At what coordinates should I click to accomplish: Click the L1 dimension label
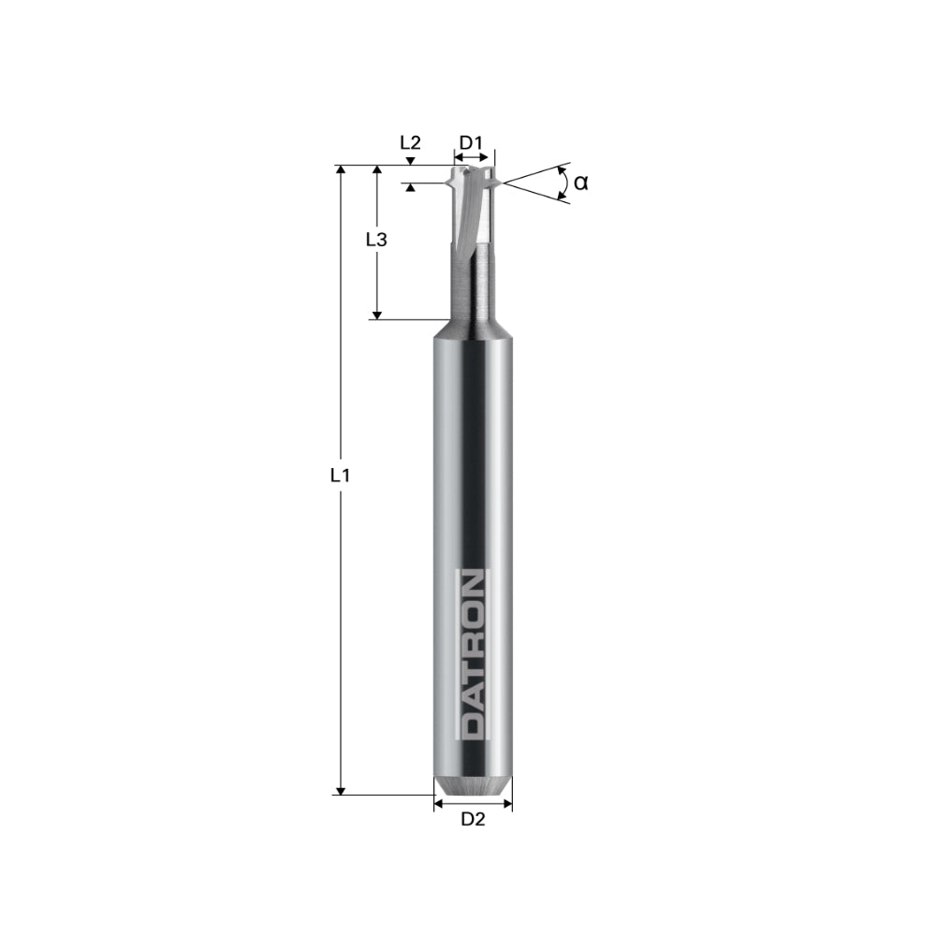point(340,475)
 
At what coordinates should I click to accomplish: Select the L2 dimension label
point(410,143)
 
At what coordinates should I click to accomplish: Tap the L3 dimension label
point(376,240)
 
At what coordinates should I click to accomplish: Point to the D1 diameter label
point(471,143)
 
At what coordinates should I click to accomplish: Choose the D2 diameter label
point(473,821)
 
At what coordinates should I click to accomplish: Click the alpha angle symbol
point(581,183)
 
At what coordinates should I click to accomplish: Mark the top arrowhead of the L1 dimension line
point(341,171)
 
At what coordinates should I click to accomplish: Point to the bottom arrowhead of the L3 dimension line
point(376,314)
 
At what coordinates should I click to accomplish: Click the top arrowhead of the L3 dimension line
point(376,171)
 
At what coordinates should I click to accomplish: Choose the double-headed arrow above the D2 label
point(473,803)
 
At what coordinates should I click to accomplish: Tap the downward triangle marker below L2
point(410,162)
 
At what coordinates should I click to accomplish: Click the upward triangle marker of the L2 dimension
point(410,188)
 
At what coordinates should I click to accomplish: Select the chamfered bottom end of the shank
point(473,784)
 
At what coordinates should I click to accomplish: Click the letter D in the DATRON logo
point(472,724)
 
